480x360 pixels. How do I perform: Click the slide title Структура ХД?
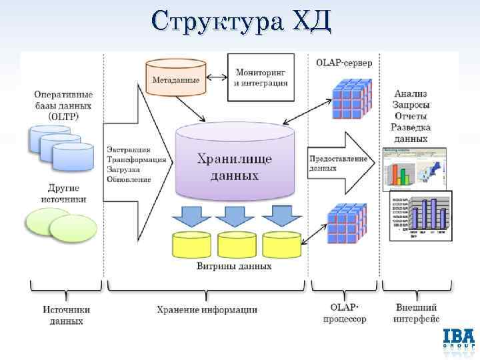[240, 21]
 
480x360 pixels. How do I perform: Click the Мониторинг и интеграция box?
[261, 77]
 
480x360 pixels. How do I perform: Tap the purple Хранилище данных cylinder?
[235, 163]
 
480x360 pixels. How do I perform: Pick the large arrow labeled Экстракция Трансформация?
[136, 163]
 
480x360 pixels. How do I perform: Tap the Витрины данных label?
[234, 266]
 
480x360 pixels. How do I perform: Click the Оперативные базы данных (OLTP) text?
[63, 105]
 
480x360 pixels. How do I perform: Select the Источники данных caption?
[67, 315]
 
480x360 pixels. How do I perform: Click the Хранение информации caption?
[207, 309]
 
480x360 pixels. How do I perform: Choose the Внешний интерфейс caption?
[416, 314]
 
